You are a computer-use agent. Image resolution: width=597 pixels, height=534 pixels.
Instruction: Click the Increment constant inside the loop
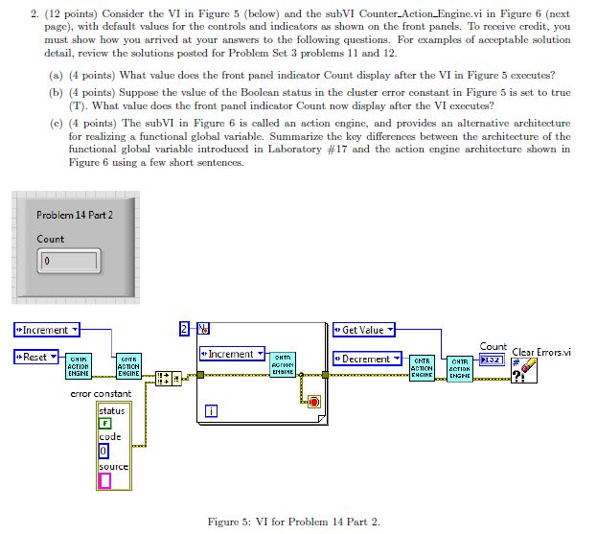pyautogui.click(x=231, y=354)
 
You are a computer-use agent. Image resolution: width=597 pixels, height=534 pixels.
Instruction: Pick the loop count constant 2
pyautogui.click(x=184, y=330)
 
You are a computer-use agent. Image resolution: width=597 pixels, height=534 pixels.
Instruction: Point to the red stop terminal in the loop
pyautogui.click(x=314, y=401)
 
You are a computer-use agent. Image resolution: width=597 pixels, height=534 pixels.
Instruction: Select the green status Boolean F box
pyautogui.click(x=105, y=423)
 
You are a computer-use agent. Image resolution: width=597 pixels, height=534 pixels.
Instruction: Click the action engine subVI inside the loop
pyautogui.click(x=283, y=365)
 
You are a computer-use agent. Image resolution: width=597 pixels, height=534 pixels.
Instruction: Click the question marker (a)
pyautogui.click(x=54, y=75)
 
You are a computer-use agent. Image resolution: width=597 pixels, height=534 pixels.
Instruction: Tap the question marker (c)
pyautogui.click(x=54, y=124)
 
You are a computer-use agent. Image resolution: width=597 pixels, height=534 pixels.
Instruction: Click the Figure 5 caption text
pyautogui.click(x=294, y=522)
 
